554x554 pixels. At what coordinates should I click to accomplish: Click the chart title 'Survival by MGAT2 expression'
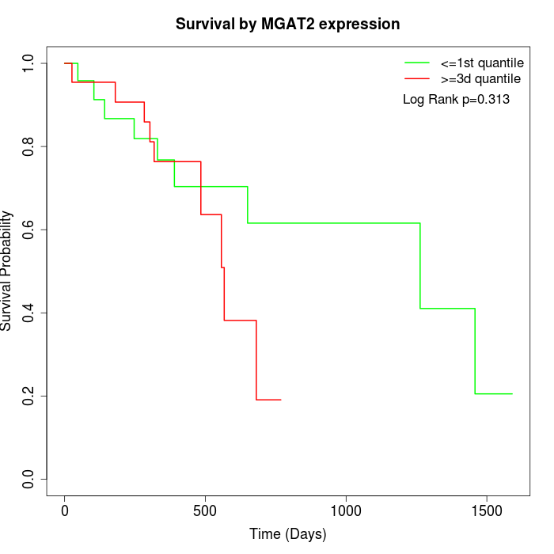(x=288, y=24)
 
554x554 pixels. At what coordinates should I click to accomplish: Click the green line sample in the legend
(x=417, y=63)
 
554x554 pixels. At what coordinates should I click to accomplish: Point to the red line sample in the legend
(x=417, y=79)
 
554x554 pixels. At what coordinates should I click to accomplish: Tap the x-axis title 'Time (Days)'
(x=288, y=534)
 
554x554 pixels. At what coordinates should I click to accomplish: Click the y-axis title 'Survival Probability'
(x=8, y=271)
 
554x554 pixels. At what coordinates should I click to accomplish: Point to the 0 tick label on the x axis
(x=65, y=511)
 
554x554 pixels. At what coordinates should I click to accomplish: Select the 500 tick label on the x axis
(x=205, y=511)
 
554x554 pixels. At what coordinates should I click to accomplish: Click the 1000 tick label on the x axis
(x=346, y=511)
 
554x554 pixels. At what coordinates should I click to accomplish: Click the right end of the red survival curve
(x=281, y=400)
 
